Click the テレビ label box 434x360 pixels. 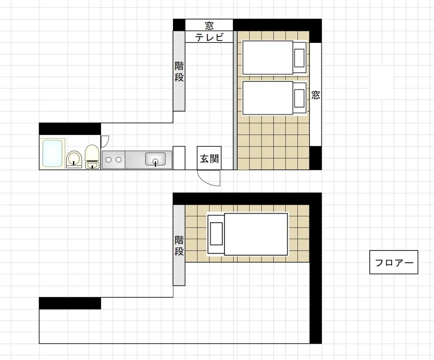pyautogui.click(x=209, y=37)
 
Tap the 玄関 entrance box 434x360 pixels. pyautogui.click(x=209, y=158)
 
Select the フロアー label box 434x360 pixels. pyautogui.click(x=394, y=262)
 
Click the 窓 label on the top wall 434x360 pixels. pyautogui.click(x=209, y=25)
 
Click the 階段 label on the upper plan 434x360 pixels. pyautogui.click(x=179, y=71)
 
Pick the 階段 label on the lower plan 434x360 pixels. pyautogui.click(x=179, y=245)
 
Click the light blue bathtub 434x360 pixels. pyautogui.click(x=53, y=153)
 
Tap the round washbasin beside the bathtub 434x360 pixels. pyautogui.click(x=74, y=159)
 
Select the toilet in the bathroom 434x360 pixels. pyautogui.click(x=92, y=156)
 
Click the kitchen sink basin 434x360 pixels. pyautogui.click(x=156, y=159)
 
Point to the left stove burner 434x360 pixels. pyautogui.click(x=108, y=160)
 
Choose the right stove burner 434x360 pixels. pyautogui.click(x=119, y=160)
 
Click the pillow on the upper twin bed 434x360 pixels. pyautogui.click(x=299, y=58)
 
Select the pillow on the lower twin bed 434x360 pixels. pyautogui.click(x=299, y=98)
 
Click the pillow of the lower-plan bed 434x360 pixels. pyautogui.click(x=216, y=234)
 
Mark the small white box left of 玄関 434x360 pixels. pyautogui.click(x=179, y=158)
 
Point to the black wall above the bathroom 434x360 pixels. pyautogui.click(x=70, y=129)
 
